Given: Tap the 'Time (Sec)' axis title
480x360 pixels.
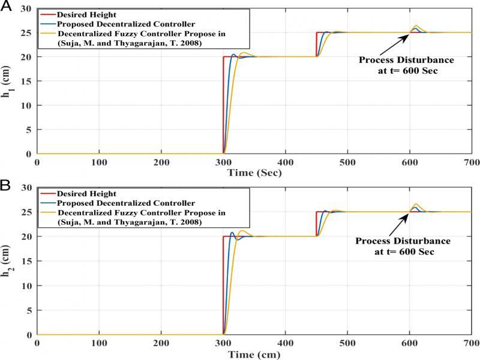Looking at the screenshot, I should click(x=253, y=173).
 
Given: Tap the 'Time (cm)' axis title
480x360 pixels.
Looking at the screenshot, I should click(x=253, y=354).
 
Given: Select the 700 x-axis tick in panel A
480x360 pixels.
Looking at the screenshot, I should click(x=471, y=162).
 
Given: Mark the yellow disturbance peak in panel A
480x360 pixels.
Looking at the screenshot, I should click(x=416, y=26).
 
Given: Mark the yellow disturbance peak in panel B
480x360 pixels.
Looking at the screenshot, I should click(x=416, y=205).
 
